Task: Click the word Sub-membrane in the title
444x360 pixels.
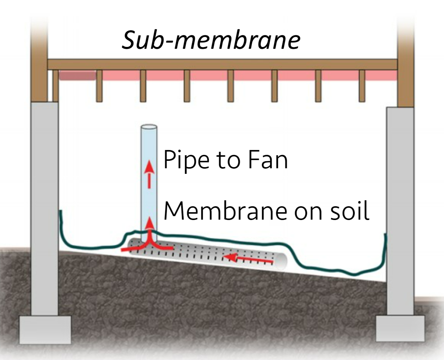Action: coord(211,41)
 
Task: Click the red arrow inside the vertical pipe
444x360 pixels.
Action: coord(149,174)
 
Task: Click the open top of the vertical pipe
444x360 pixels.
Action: coord(148,128)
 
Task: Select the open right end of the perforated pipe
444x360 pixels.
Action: coord(282,261)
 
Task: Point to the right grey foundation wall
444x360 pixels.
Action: coord(400,208)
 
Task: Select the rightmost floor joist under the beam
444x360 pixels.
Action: coord(362,86)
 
